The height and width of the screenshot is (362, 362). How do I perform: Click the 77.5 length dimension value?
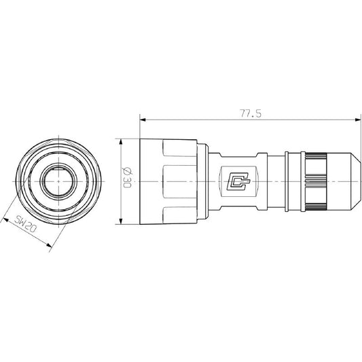[251, 113]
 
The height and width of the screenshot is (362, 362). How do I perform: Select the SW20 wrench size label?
[26, 223]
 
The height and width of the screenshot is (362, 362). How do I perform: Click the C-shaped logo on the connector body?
[238, 181]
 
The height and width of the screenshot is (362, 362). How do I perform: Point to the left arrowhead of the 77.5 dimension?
[143, 120]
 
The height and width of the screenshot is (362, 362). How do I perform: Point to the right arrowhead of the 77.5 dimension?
[358, 120]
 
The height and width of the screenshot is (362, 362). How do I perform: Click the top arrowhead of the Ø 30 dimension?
[120, 142]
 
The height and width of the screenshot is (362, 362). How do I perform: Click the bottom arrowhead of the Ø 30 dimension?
[120, 221]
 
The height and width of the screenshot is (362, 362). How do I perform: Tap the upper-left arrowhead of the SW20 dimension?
[5, 220]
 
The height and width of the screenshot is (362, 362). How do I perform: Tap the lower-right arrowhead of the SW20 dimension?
[49, 245]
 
